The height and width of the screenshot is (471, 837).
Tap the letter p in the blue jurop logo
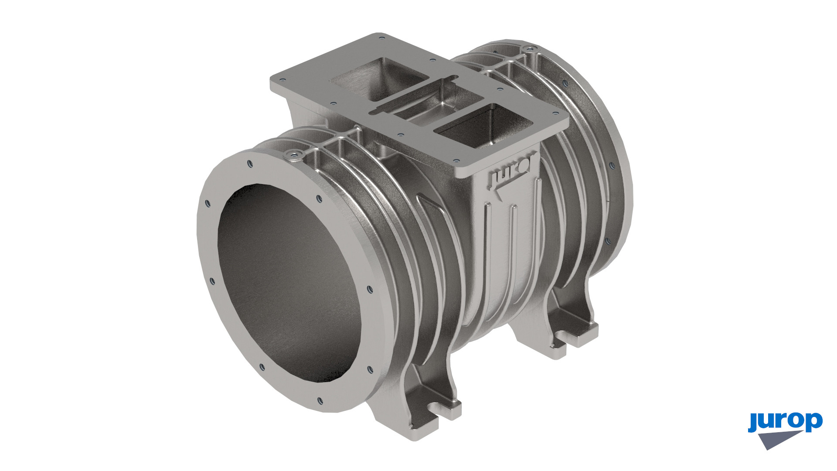[x=813, y=422]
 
